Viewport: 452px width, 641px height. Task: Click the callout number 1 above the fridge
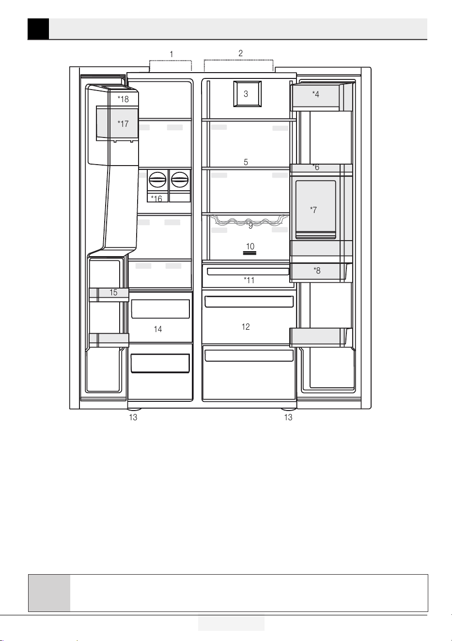coord(171,54)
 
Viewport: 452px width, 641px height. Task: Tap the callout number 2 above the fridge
coord(241,53)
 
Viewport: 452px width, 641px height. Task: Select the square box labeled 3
coord(247,94)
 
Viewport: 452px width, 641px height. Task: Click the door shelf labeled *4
coord(321,97)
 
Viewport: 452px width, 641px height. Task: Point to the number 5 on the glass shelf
coord(246,162)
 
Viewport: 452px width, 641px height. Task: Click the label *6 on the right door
coord(316,167)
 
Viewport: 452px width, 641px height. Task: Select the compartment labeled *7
coord(315,210)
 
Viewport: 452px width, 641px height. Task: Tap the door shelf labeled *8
coord(320,272)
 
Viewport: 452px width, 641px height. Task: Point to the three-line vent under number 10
coord(249,253)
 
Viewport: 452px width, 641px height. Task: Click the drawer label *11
coord(249,280)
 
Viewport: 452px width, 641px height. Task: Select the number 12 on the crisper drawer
coord(246,326)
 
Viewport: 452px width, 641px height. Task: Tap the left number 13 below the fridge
coord(133,417)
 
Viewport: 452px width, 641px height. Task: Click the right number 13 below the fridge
coord(288,417)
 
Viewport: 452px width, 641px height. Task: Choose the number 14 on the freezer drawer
coord(158,329)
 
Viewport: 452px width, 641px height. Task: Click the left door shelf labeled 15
coord(109,295)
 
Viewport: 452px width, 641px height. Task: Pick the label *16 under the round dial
coord(156,198)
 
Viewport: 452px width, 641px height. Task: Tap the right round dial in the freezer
coord(180,180)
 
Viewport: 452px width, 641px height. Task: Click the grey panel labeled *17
coord(117,123)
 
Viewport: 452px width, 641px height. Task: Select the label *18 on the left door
coord(123,99)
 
